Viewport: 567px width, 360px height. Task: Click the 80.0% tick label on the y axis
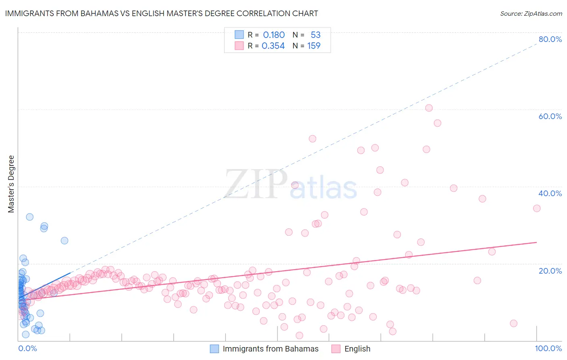click(x=550, y=39)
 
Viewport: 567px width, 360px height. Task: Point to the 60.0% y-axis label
click(x=550, y=116)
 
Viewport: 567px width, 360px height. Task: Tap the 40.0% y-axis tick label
click(x=550, y=193)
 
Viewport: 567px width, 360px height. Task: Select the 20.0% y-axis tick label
click(x=550, y=270)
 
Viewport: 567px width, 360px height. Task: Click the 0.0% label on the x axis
click(x=27, y=348)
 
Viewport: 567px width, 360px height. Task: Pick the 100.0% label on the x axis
click(x=548, y=348)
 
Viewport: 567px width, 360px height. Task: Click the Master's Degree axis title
click(x=11, y=184)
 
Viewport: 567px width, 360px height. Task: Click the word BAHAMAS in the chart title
click(x=98, y=13)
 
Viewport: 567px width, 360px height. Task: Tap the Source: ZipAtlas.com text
click(x=531, y=13)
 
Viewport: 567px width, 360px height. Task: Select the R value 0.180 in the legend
click(x=274, y=35)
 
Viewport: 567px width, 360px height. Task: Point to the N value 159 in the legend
click(x=314, y=46)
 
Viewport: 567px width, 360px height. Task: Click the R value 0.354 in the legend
click(x=273, y=46)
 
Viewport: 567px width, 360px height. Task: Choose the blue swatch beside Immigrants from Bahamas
click(x=215, y=349)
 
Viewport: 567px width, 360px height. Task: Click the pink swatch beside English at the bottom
click(x=336, y=349)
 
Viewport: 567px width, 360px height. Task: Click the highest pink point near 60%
click(x=429, y=108)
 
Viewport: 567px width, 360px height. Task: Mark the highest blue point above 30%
click(x=29, y=217)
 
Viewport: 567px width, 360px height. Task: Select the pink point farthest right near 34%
click(x=537, y=208)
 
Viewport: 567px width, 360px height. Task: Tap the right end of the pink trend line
click(x=536, y=242)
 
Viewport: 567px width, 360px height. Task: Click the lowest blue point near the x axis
click(x=25, y=334)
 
